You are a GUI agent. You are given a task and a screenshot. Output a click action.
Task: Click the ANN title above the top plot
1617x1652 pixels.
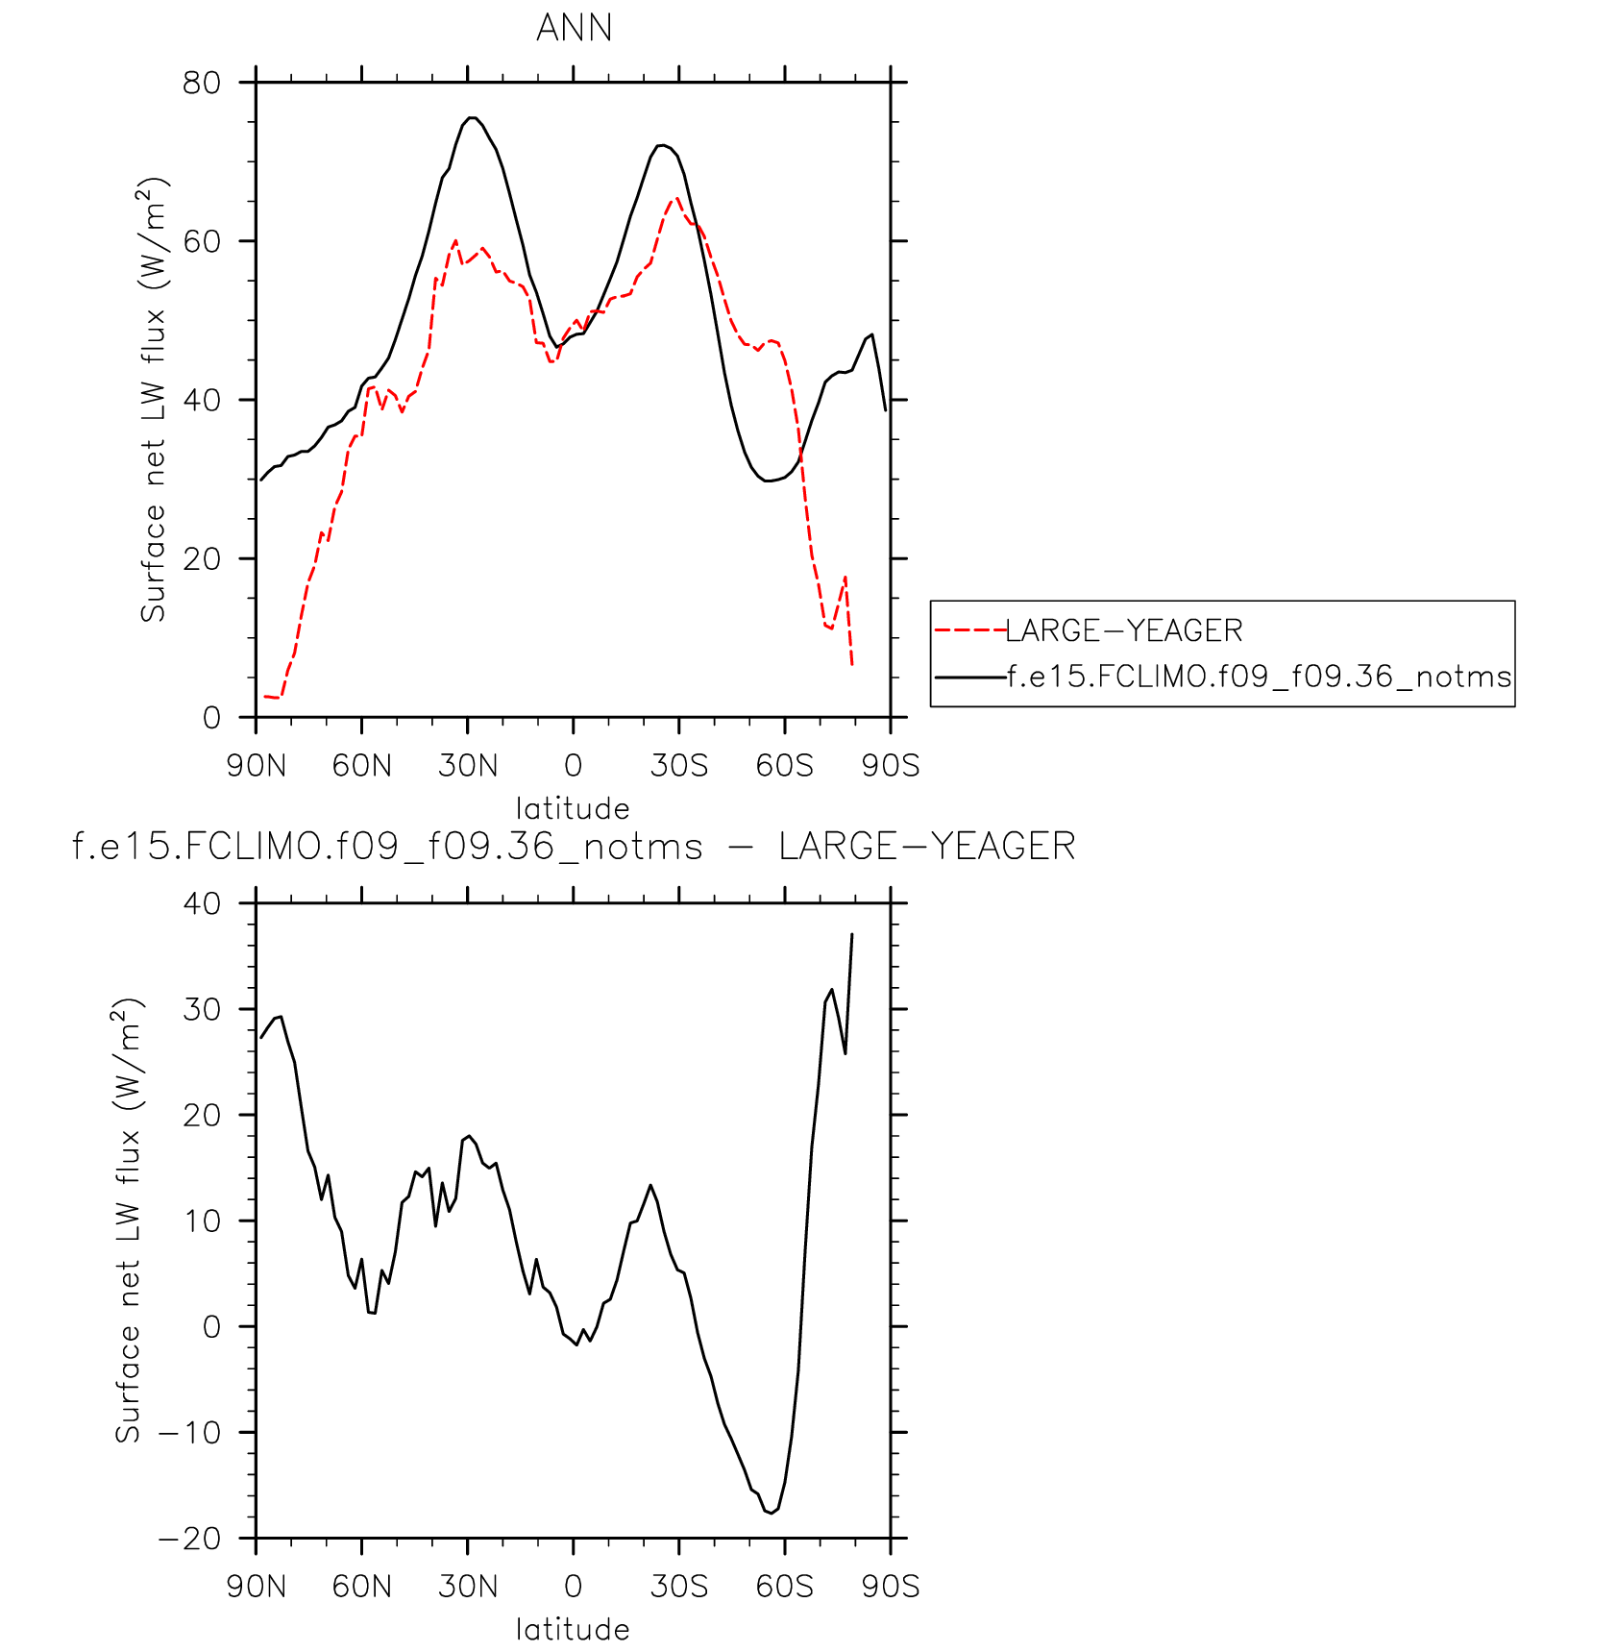(574, 28)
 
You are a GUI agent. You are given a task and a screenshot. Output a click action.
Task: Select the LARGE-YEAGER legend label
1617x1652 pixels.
(1123, 630)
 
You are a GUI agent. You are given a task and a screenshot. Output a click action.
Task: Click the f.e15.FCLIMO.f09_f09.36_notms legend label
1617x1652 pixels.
(1259, 677)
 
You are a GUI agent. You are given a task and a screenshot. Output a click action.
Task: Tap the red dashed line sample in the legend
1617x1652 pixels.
(969, 630)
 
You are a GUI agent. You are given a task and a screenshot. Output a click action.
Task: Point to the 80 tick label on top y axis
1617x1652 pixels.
(202, 83)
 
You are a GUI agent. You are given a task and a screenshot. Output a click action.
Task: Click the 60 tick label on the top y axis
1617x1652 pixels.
(202, 241)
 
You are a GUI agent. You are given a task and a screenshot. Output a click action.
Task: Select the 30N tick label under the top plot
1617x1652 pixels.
(468, 766)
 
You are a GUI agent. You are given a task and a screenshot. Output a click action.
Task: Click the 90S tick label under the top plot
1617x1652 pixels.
(891, 766)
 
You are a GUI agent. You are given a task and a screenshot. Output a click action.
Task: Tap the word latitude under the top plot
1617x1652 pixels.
(573, 808)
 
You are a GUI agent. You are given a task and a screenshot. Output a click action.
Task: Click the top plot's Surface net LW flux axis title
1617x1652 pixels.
(154, 400)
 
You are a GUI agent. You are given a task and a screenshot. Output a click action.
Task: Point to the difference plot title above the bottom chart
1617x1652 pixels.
(574, 847)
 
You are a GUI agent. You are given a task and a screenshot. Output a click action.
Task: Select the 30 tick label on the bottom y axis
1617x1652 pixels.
(202, 1009)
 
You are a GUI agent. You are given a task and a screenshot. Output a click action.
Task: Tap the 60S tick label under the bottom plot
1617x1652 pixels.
(784, 1587)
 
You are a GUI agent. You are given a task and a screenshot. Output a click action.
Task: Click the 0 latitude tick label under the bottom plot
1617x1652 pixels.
(574, 1587)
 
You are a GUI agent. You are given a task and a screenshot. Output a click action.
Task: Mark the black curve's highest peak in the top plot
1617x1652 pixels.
(472, 117)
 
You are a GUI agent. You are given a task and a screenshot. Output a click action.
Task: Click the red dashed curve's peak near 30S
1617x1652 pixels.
(677, 198)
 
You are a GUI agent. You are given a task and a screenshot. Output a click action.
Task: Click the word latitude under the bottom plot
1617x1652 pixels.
(573, 1629)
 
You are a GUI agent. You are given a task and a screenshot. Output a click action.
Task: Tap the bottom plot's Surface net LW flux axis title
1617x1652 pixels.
(128, 1221)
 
